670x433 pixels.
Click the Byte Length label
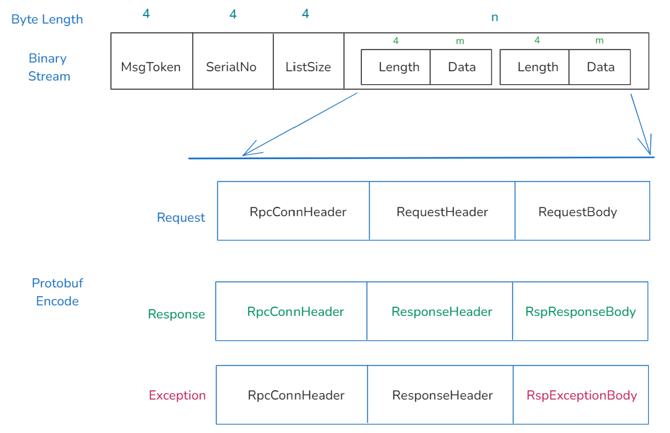[x=47, y=19]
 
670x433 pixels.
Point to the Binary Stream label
[x=49, y=67]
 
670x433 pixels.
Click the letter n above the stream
[x=494, y=17]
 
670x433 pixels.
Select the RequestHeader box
[x=442, y=212]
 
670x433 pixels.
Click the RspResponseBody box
[x=580, y=312]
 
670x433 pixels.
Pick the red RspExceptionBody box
[x=581, y=395]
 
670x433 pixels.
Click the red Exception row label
[x=177, y=395]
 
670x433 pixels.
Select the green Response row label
[x=176, y=314]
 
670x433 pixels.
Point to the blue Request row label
[x=181, y=217]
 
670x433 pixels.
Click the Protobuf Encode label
[x=57, y=292]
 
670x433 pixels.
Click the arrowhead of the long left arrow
[x=245, y=154]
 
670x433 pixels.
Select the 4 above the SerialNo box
[x=233, y=14]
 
